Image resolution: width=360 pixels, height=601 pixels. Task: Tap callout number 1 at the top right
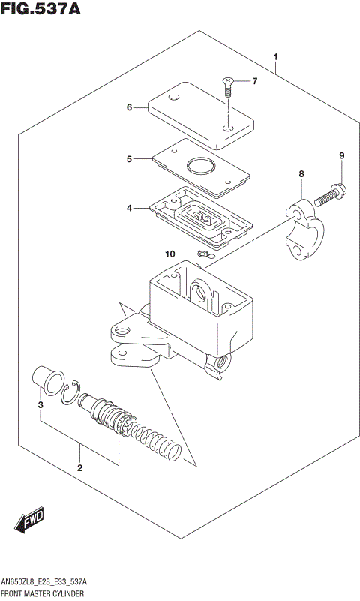pyautogui.click(x=276, y=57)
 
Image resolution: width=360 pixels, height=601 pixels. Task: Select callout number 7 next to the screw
pyautogui.click(x=253, y=81)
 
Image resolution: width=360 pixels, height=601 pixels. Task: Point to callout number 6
pyautogui.click(x=129, y=107)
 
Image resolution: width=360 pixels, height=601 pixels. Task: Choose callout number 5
pyautogui.click(x=129, y=159)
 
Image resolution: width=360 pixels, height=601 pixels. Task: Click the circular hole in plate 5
pyautogui.click(x=199, y=166)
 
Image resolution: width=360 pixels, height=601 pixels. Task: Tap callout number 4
pyautogui.click(x=129, y=207)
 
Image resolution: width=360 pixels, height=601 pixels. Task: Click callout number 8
pyautogui.click(x=301, y=174)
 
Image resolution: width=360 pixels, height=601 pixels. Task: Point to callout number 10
pyautogui.click(x=169, y=254)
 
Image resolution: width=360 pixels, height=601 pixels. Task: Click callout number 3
pyautogui.click(x=40, y=405)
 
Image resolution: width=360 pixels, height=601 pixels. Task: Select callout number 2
pyautogui.click(x=79, y=469)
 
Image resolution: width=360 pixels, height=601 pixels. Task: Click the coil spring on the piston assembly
pyautogui.click(x=157, y=440)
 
